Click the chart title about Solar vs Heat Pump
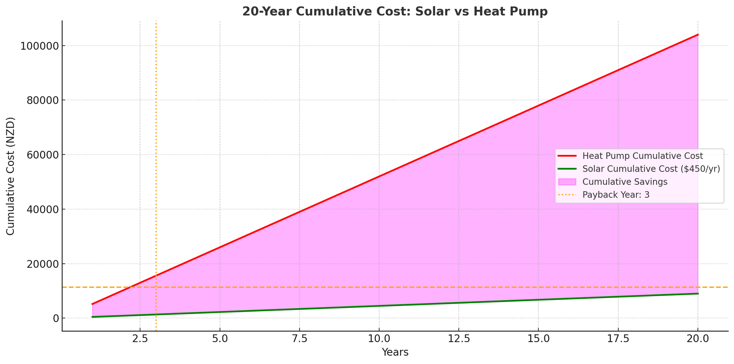click(395, 12)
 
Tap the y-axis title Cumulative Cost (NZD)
click(11, 176)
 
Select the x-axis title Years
click(395, 352)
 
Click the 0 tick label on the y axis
click(56, 318)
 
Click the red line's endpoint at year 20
click(698, 35)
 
